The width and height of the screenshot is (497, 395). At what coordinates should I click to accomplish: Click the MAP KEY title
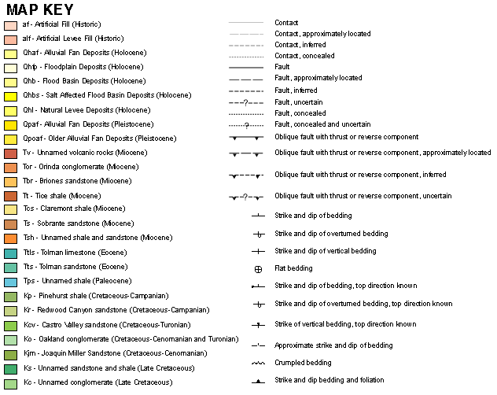(x=40, y=9)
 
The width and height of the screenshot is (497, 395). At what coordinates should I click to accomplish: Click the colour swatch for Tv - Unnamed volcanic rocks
(x=10, y=153)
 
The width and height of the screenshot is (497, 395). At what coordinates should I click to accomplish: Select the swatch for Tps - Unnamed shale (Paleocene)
(x=10, y=282)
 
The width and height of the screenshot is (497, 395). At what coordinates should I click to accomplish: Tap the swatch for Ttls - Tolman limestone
(x=10, y=253)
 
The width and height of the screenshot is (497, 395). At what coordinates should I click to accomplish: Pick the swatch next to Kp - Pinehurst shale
(x=10, y=297)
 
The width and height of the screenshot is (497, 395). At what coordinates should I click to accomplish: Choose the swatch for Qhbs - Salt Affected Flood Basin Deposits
(x=10, y=96)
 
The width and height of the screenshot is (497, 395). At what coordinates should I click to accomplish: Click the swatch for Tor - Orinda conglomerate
(x=10, y=168)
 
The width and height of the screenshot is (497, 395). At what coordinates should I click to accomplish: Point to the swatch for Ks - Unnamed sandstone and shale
(x=10, y=368)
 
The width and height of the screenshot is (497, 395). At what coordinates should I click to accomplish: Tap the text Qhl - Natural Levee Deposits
(x=75, y=110)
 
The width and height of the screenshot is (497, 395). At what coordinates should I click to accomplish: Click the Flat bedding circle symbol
(x=257, y=268)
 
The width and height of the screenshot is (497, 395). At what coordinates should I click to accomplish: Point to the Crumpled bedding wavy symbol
(x=257, y=363)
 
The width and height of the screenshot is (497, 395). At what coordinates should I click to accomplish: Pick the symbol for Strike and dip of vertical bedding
(x=257, y=251)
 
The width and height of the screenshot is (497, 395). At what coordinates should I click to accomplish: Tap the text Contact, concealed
(x=304, y=56)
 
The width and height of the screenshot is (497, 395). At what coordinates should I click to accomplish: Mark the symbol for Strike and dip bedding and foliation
(x=257, y=382)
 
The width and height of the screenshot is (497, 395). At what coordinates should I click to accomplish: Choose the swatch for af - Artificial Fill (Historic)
(x=10, y=24)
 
